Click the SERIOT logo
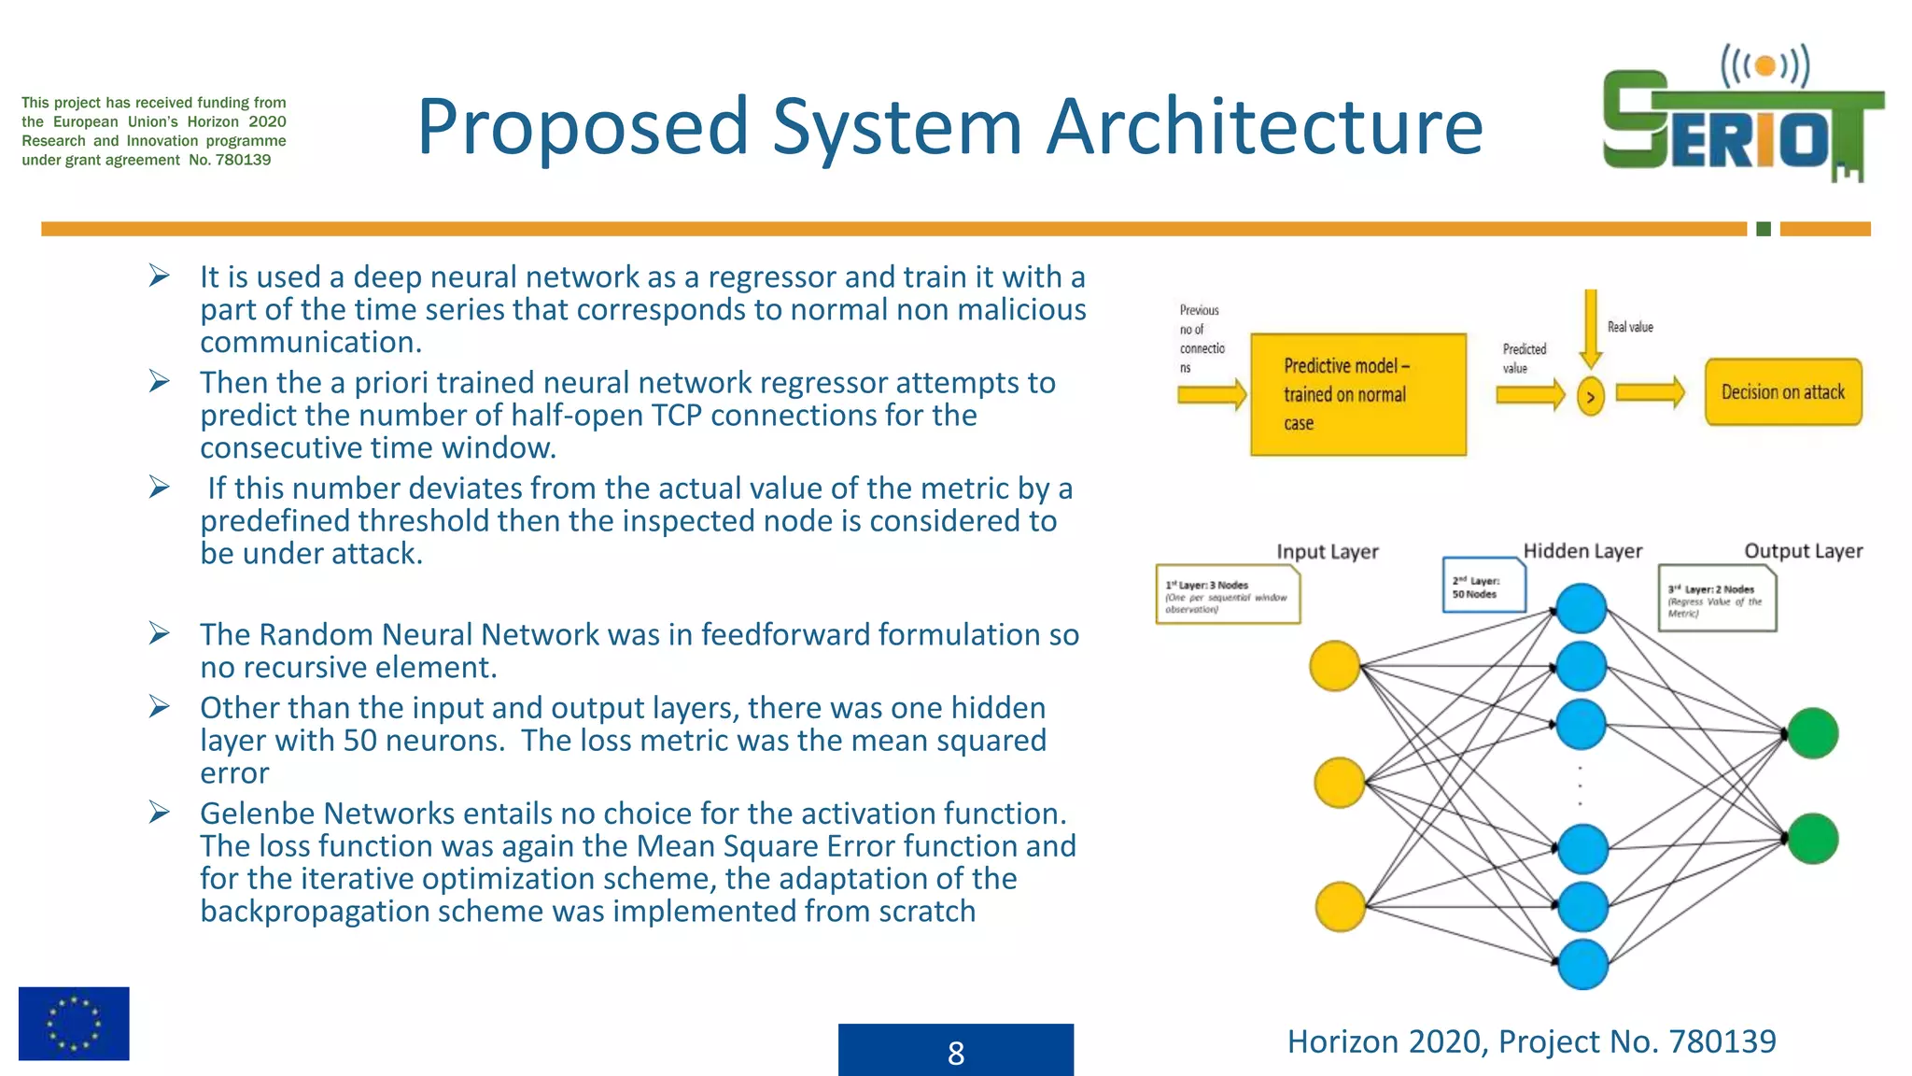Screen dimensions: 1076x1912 point(1742,117)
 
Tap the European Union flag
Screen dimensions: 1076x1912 point(74,1023)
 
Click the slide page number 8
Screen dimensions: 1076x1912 point(955,1052)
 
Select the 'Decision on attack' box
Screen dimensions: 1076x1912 point(1783,392)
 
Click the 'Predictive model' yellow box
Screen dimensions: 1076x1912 point(1357,394)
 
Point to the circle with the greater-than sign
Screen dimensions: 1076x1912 point(1591,397)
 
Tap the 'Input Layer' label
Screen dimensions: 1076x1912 point(1327,552)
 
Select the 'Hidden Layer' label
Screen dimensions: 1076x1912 point(1582,551)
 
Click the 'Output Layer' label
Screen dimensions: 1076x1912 point(1803,551)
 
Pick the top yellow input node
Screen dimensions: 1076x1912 point(1335,666)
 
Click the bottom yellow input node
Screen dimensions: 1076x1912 point(1341,906)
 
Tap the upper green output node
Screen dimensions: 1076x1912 point(1813,733)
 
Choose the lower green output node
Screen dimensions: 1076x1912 point(1813,838)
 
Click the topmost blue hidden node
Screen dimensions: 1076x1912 point(1582,608)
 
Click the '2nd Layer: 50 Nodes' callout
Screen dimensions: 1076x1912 point(1483,586)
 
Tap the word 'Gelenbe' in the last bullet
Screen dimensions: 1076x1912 point(257,814)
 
